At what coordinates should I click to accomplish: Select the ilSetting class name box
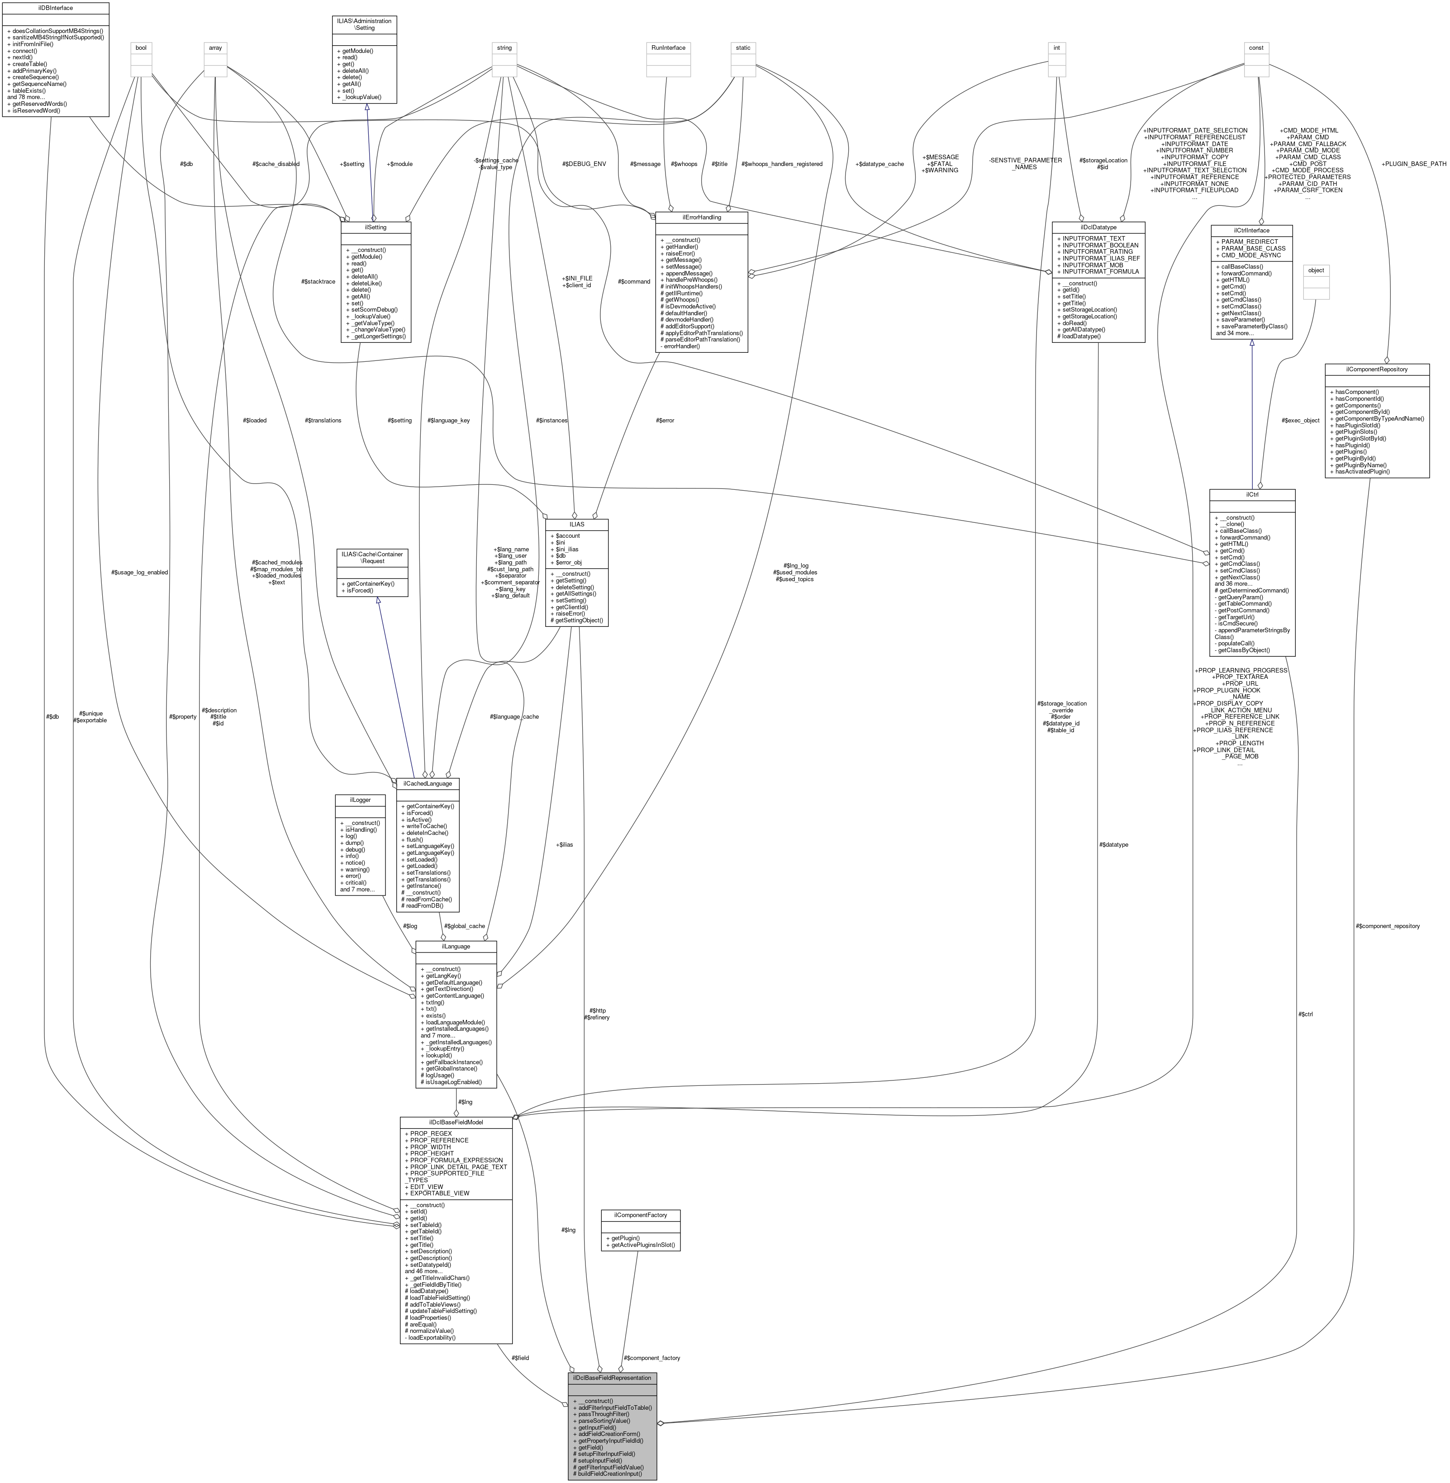pos(376,227)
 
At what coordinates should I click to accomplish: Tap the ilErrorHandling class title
pos(701,217)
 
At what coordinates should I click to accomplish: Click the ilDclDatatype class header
pos(1098,227)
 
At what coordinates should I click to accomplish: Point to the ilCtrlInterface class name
pos(1251,230)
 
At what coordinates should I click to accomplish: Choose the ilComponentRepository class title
pos(1376,369)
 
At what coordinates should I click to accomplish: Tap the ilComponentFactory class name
pos(640,1215)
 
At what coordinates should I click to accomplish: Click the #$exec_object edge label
pos(1300,420)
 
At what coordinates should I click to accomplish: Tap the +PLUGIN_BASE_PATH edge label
pos(1413,164)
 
